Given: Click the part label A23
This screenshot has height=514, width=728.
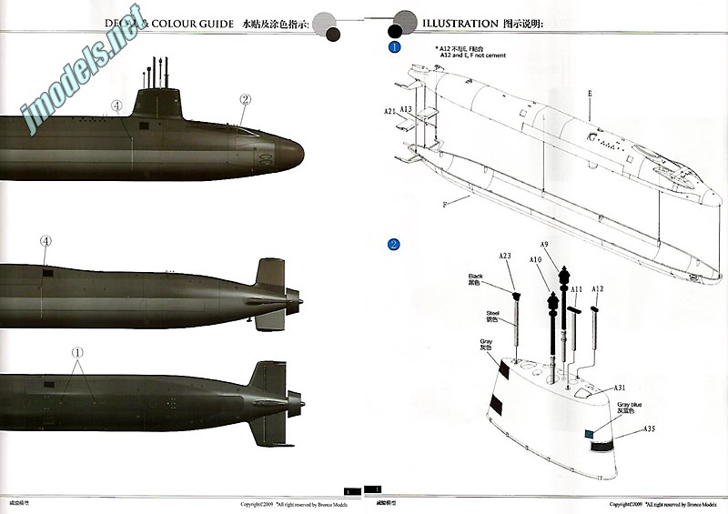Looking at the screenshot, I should (x=506, y=256).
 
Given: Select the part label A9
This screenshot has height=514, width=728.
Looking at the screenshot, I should (x=544, y=244).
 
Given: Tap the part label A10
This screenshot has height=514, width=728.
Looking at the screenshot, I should (x=536, y=259).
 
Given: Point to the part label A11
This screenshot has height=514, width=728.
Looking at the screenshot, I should (x=576, y=289).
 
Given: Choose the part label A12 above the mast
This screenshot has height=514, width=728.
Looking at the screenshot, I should (x=597, y=289).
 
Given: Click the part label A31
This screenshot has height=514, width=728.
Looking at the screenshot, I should (x=619, y=388).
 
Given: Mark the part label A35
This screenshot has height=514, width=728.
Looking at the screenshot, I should (x=649, y=428).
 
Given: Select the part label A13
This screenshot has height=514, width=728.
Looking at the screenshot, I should (x=406, y=108).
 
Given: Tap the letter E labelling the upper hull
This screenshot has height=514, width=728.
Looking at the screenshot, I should (x=590, y=93).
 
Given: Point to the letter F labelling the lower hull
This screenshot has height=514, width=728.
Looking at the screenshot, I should (x=445, y=205).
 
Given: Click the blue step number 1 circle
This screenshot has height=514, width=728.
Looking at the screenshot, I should (x=394, y=46).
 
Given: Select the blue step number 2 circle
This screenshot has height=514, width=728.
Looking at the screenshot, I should (x=393, y=244).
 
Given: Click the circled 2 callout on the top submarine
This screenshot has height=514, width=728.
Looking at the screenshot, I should (x=245, y=100).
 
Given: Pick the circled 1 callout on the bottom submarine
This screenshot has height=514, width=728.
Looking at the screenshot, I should (x=77, y=352).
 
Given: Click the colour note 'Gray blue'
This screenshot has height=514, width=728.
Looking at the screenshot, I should (x=629, y=406).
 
